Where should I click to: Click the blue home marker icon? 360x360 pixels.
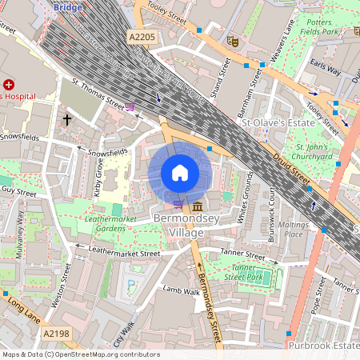pos(180,173)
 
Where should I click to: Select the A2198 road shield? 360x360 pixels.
pos(56,333)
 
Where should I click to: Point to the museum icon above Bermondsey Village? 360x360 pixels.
pos(197,207)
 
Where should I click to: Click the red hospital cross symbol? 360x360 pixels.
pos(9,84)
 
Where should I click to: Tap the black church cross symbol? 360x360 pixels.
pos(67,119)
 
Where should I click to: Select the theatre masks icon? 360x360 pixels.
pos(233,39)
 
